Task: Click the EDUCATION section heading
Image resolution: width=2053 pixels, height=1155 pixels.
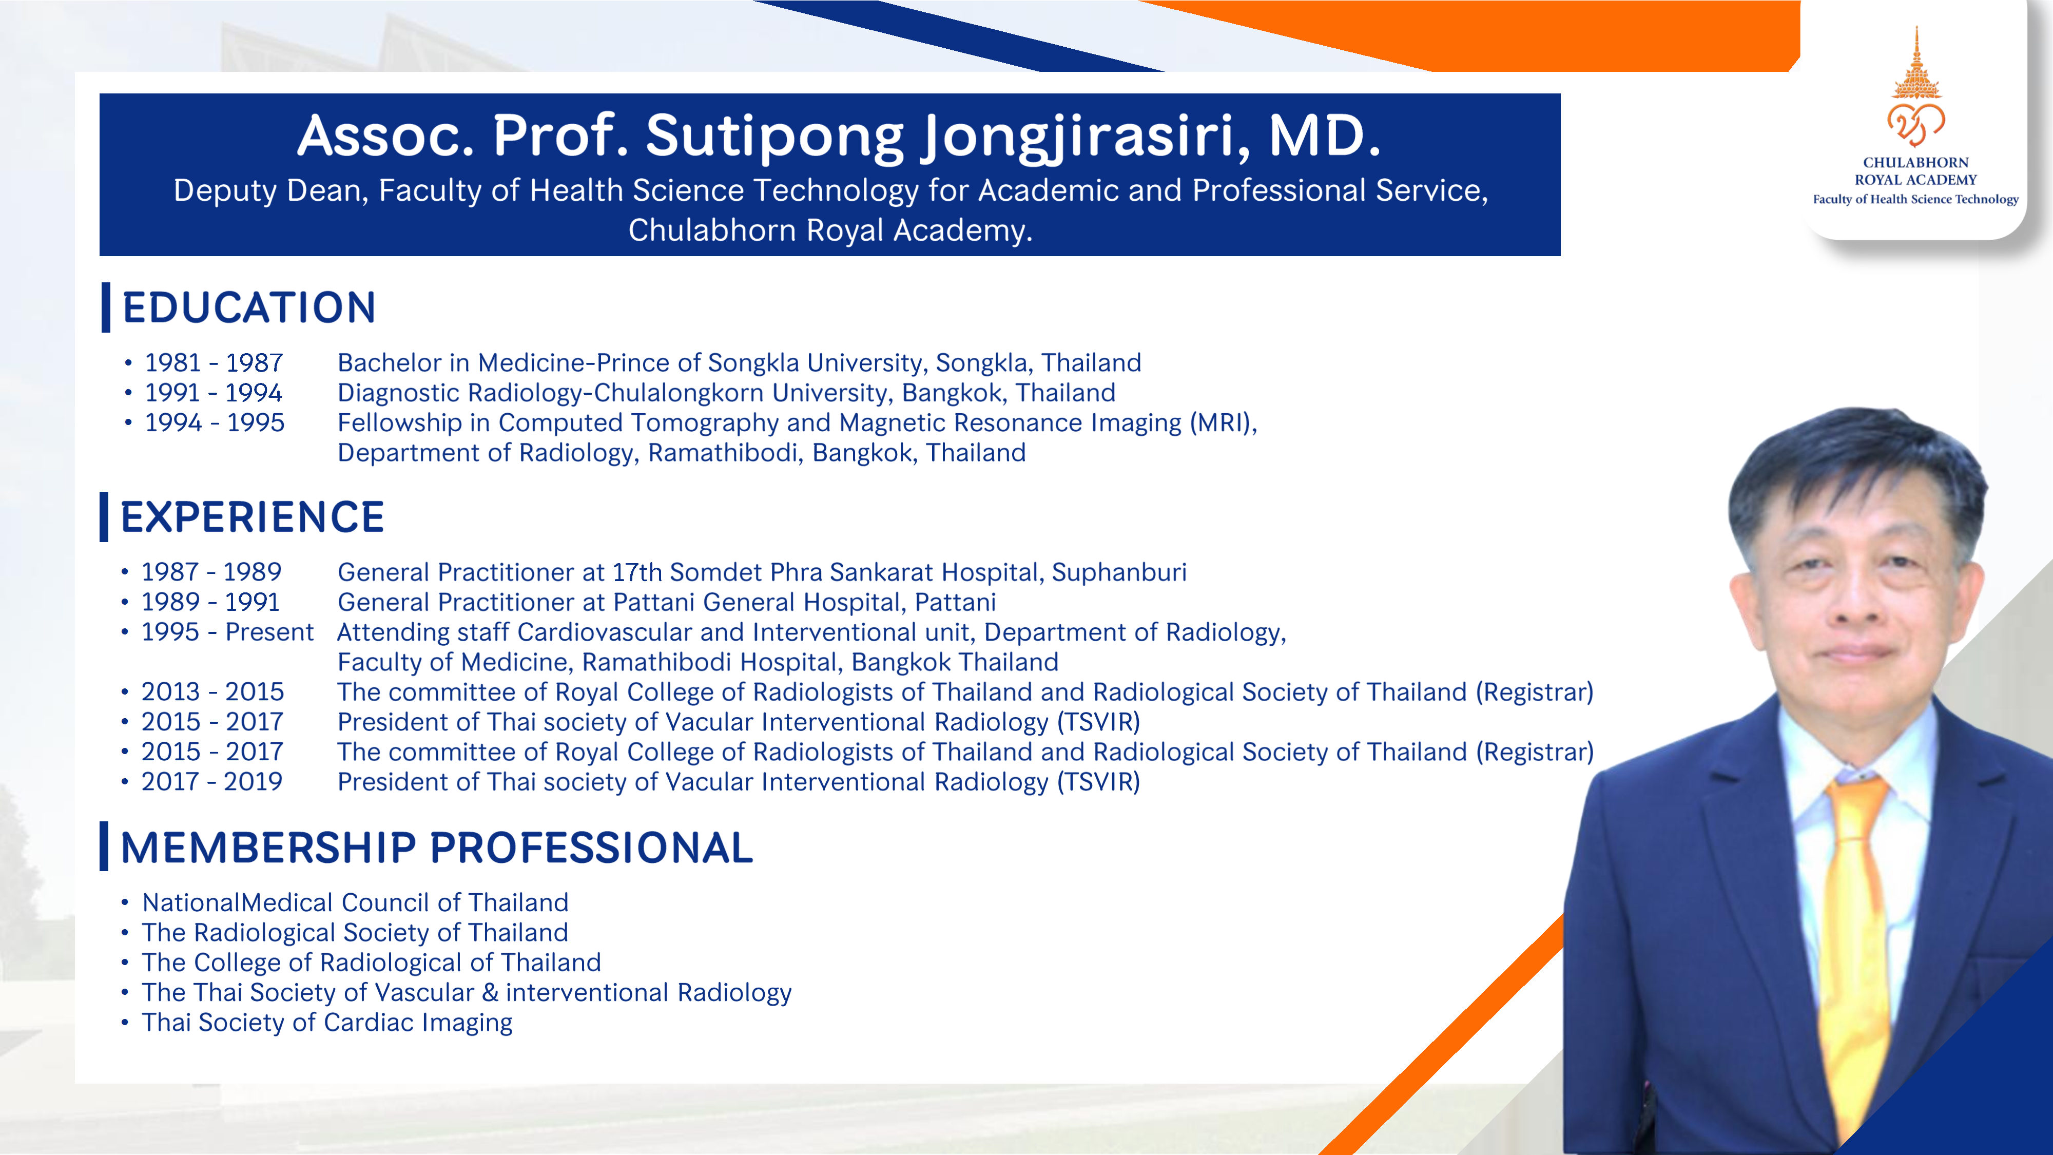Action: (x=248, y=307)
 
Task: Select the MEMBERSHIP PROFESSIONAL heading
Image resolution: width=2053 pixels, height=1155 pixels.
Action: (x=437, y=848)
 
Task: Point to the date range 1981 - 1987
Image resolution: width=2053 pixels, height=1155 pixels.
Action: (x=214, y=363)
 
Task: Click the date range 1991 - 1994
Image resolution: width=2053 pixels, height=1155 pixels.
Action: (x=214, y=393)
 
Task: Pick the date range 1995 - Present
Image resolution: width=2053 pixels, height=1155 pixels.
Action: (x=227, y=632)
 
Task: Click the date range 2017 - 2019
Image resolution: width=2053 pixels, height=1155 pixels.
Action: (x=212, y=782)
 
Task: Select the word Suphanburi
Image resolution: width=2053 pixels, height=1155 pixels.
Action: (x=1119, y=572)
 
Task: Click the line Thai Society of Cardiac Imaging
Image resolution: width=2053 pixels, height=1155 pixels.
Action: (x=327, y=1023)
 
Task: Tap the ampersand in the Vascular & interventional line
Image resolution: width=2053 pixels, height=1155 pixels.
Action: (x=490, y=992)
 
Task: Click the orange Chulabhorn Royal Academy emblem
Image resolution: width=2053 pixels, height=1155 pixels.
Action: (x=1916, y=88)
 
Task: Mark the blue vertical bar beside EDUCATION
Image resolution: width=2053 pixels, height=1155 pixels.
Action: (x=106, y=307)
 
